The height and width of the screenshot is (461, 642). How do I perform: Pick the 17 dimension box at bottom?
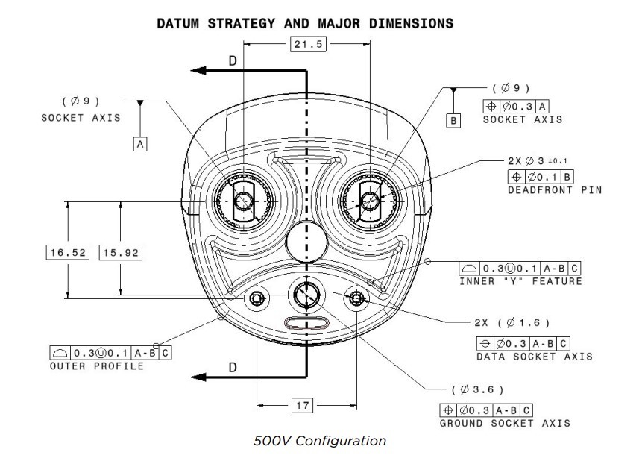tap(302, 406)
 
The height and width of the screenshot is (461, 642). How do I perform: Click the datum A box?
tap(139, 144)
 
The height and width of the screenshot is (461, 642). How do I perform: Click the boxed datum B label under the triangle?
tap(453, 119)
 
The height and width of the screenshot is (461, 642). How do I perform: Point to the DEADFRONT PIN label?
tap(554, 190)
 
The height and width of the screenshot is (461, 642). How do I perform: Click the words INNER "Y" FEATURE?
tap(520, 280)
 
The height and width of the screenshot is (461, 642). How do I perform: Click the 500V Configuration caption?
tap(320, 441)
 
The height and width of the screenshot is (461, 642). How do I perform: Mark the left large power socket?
tap(243, 201)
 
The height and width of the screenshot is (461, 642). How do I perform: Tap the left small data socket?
tap(257, 298)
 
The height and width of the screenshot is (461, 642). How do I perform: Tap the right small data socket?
tap(356, 298)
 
